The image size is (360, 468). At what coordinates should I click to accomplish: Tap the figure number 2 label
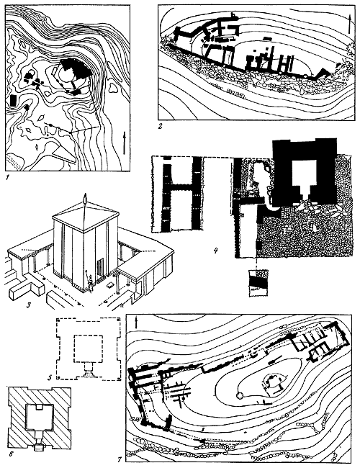click(x=161, y=126)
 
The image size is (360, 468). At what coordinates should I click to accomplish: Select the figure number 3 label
click(x=29, y=305)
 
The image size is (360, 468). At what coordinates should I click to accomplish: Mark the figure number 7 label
click(x=120, y=460)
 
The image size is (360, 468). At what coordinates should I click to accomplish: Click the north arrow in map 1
click(x=125, y=143)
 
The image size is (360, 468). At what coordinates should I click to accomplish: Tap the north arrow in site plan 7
click(x=136, y=323)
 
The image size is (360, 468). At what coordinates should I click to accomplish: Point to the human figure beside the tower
click(x=89, y=281)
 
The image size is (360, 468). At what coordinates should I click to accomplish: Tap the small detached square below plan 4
click(x=258, y=283)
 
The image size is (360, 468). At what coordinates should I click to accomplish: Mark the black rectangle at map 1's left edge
click(x=13, y=100)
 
